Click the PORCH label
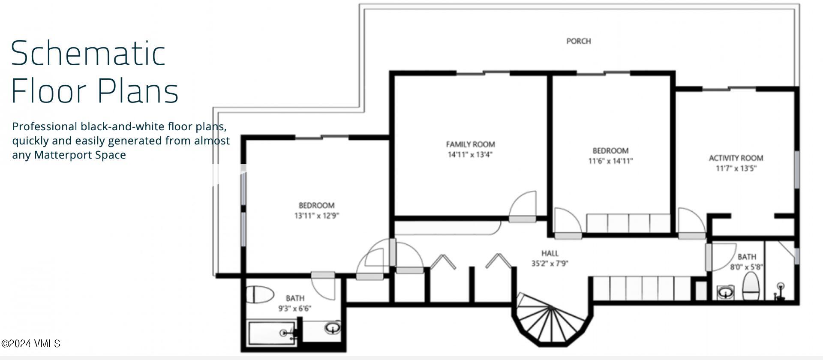578,41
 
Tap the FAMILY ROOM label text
470,144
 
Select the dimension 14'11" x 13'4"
470,155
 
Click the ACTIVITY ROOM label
736,158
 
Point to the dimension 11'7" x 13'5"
736,168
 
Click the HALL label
550,253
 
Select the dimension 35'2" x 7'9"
550,264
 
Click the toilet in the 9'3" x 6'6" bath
260,294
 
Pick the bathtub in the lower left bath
271,333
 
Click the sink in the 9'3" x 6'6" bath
332,329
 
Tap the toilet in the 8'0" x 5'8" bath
751,287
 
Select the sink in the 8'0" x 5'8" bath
725,293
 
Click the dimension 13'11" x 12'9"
316,216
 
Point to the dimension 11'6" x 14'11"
610,161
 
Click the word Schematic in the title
88,54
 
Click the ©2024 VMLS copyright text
30,344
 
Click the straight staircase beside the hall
642,288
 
